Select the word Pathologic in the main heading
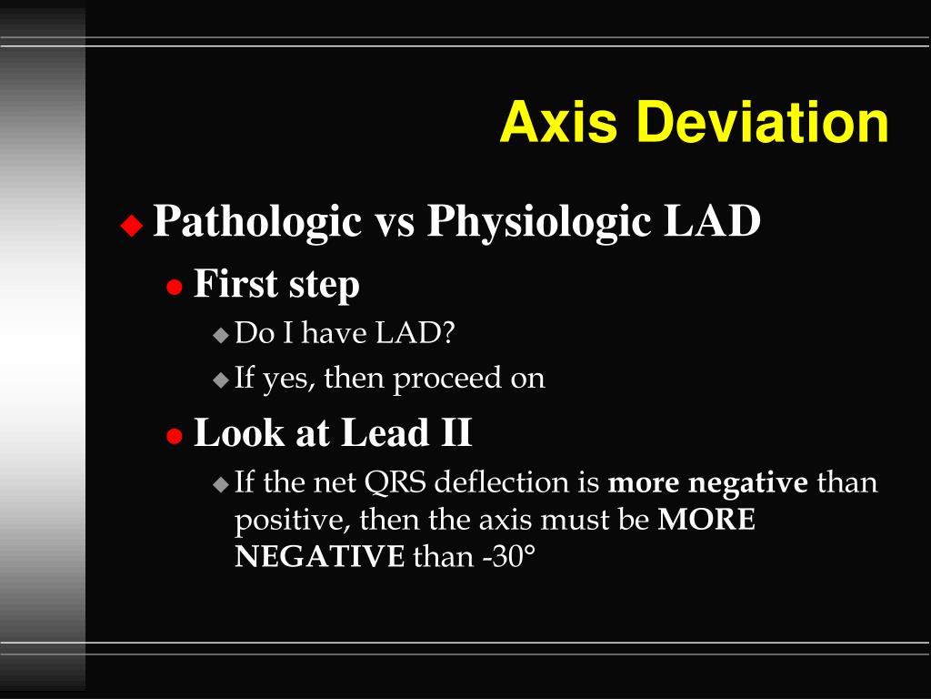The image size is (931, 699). point(257,221)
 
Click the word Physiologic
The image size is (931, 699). point(538,221)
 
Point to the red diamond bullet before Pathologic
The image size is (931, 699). point(133,225)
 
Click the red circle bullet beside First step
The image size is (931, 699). point(174,288)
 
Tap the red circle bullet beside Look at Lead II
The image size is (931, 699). point(174,436)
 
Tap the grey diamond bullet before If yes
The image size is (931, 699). point(221,380)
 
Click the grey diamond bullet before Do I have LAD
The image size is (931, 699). point(221,335)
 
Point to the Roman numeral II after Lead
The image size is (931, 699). point(455,432)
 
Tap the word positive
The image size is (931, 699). point(291,521)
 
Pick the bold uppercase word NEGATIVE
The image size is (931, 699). point(319,556)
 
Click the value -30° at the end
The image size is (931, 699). point(504,556)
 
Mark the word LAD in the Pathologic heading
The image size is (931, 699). point(712,221)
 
